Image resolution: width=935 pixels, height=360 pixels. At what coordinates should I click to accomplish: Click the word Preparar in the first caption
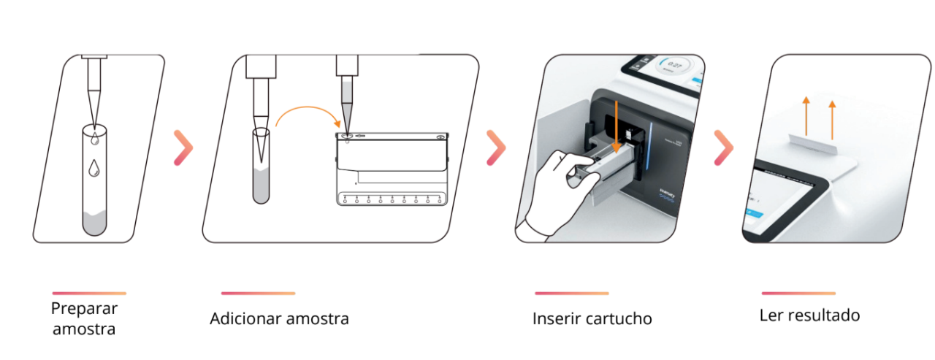[84, 308]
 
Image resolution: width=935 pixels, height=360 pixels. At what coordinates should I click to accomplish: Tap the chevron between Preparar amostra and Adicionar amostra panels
[183, 148]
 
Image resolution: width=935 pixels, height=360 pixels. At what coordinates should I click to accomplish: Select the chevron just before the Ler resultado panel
[723, 148]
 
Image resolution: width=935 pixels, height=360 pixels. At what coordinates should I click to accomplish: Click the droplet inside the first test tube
[93, 168]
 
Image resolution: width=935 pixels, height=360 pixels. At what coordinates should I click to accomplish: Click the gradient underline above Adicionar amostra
[258, 294]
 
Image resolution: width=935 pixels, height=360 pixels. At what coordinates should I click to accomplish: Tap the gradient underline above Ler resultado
[798, 294]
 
